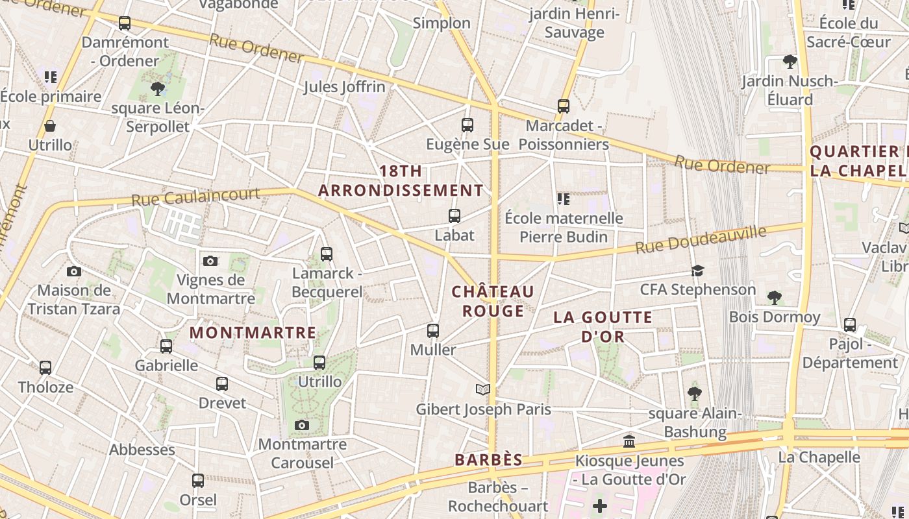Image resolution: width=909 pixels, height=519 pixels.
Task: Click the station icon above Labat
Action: point(454,215)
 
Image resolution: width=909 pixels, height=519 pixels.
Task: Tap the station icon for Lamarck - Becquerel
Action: point(327,254)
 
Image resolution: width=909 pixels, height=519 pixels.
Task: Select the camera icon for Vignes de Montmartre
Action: point(210,261)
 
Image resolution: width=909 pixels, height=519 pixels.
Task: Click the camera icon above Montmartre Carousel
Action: point(301,425)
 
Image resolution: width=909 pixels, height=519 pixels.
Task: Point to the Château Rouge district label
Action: point(493,301)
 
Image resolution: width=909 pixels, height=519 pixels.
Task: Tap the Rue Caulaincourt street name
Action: point(195,197)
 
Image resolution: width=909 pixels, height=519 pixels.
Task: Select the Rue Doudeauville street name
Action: point(701,239)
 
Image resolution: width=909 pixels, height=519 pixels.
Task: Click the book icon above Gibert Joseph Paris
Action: point(482,389)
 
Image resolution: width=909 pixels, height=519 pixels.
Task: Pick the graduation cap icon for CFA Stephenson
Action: point(697,271)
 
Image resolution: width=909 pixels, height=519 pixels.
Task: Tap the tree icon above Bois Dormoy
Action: point(773,298)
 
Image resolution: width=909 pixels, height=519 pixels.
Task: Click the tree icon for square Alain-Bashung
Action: point(694,393)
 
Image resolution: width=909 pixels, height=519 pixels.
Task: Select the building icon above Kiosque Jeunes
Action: point(629,441)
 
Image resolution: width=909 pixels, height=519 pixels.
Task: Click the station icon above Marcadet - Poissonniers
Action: point(564,106)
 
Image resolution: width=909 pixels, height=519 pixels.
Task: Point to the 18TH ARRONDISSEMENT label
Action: point(401,181)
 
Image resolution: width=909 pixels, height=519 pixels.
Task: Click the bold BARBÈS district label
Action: point(488,460)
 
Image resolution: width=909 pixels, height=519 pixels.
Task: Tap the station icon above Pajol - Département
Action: point(849,324)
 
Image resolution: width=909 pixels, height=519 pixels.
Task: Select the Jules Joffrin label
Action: point(344,86)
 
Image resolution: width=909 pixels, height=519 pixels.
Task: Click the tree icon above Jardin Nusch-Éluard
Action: point(790,62)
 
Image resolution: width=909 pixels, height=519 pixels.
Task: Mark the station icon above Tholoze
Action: point(45,368)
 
